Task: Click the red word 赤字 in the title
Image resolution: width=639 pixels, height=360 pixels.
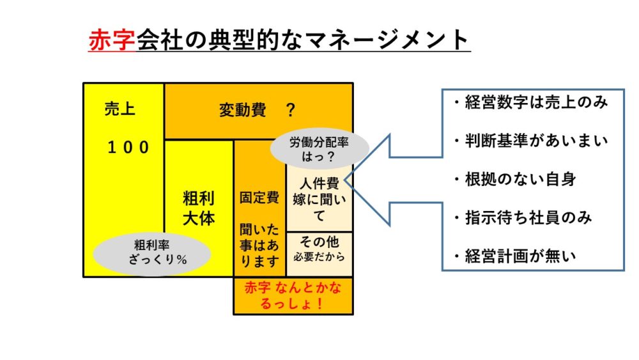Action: pyautogui.click(x=112, y=40)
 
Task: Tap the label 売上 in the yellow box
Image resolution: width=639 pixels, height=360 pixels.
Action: pyautogui.click(x=119, y=110)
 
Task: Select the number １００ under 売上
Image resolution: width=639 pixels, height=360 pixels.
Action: pyautogui.click(x=128, y=148)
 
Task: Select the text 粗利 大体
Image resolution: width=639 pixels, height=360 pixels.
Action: pyautogui.click(x=199, y=208)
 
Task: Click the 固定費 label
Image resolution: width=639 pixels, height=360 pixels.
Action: pyautogui.click(x=259, y=197)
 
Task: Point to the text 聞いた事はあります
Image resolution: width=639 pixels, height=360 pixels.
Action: pyautogui.click(x=259, y=244)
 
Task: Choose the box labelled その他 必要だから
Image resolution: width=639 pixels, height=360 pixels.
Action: pyautogui.click(x=319, y=251)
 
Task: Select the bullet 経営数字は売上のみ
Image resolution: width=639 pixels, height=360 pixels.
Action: pyautogui.click(x=530, y=103)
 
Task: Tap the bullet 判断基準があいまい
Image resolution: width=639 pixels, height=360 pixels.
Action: pyautogui.click(x=530, y=141)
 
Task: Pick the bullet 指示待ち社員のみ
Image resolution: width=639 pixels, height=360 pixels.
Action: pyautogui.click(x=521, y=218)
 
